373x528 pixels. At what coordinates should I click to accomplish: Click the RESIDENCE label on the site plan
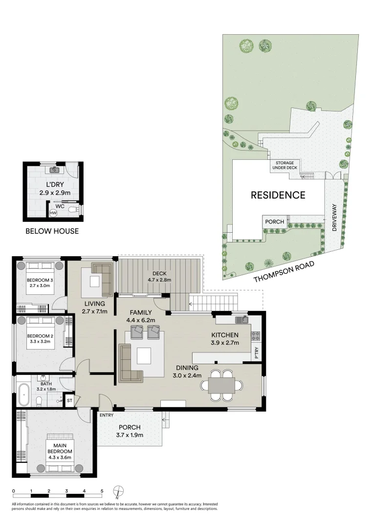pyautogui.click(x=278, y=195)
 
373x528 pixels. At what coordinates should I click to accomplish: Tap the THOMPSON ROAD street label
pyautogui.click(x=284, y=272)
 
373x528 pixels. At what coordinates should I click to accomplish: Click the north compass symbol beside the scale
pyautogui.click(x=118, y=491)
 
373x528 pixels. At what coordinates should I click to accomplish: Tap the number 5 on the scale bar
pyautogui.click(x=102, y=490)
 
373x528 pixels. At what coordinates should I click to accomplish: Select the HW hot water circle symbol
pyautogui.click(x=53, y=213)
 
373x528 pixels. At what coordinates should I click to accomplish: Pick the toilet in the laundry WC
pyautogui.click(x=73, y=210)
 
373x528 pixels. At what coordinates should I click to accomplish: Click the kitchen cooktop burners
pyautogui.click(x=255, y=336)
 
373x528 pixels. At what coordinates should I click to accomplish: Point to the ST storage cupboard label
pyautogui.click(x=69, y=400)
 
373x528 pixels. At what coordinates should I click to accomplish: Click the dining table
pyautogui.click(x=221, y=386)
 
